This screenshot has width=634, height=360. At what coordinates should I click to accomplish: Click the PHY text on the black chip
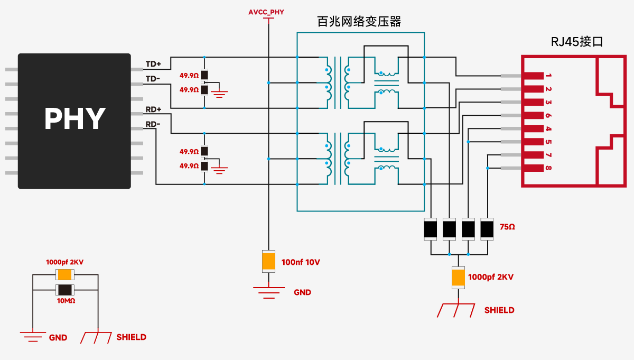[x=74, y=119]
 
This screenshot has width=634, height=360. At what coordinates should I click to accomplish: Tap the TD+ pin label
[x=153, y=64]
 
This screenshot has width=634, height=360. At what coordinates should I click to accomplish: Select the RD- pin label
[x=153, y=124]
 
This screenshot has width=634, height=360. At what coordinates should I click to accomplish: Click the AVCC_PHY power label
[x=266, y=11]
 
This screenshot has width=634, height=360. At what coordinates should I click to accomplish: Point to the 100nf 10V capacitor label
[x=301, y=262]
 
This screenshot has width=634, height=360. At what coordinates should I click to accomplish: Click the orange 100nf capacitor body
[x=269, y=261]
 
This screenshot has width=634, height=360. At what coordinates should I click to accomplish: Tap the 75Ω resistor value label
[x=507, y=227]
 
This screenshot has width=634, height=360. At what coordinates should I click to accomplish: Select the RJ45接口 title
[x=577, y=42]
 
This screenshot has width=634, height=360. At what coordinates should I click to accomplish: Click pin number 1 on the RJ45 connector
[x=549, y=76]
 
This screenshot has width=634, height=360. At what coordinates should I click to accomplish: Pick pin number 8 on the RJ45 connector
[x=549, y=168]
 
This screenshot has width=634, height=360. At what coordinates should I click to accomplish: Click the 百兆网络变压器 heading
[x=359, y=22]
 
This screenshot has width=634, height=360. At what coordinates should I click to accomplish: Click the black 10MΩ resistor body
[x=66, y=290]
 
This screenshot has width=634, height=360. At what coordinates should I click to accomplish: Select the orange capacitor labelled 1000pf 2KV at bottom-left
[x=66, y=274]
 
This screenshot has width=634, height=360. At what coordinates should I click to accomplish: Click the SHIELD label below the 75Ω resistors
[x=499, y=310]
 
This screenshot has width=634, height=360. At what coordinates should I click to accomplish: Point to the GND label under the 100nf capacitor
[x=302, y=292]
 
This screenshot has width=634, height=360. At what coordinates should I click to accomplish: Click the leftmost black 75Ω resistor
[x=431, y=229]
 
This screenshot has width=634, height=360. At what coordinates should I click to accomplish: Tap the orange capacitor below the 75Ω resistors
[x=458, y=277]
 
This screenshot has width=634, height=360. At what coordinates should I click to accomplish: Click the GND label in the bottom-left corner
[x=58, y=337]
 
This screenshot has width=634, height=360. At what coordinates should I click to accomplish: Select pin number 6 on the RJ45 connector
[x=549, y=115]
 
